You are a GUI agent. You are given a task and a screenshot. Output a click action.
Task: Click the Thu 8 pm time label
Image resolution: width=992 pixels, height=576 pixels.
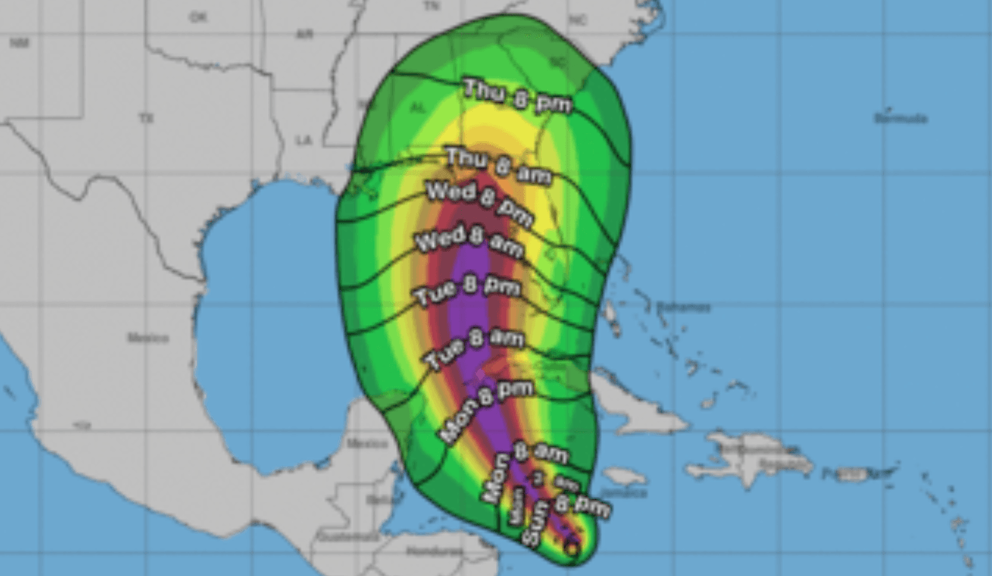point(517,96)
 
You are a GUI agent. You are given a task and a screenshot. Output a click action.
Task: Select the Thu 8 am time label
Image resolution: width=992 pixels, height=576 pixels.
point(498,165)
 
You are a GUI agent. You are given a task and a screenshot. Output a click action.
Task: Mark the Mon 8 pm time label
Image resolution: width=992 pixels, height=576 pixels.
point(486,411)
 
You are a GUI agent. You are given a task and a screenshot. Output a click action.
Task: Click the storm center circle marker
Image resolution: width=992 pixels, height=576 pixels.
point(571,547)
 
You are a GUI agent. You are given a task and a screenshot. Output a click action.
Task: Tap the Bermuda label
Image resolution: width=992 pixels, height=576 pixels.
point(901,119)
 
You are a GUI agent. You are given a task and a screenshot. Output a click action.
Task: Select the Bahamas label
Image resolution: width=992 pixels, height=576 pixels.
point(683,307)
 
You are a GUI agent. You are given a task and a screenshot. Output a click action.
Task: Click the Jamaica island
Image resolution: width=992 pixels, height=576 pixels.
point(624,476)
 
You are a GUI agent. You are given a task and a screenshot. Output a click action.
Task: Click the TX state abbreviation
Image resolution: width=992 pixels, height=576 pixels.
point(146,119)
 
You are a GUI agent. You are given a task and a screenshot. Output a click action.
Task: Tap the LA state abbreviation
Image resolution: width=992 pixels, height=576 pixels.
point(303,140)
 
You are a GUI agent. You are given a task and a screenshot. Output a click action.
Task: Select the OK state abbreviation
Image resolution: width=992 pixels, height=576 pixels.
point(198,16)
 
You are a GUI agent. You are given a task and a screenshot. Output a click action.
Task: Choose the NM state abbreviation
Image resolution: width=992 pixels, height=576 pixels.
point(19,43)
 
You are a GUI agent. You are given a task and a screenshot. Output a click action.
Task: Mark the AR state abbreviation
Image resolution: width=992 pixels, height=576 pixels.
point(303,34)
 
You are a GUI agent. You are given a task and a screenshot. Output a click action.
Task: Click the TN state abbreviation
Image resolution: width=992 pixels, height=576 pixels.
point(431,5)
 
